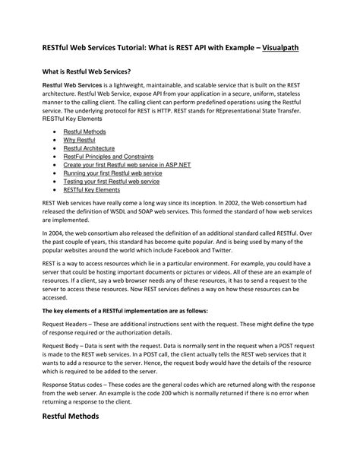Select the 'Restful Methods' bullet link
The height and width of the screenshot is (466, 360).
tap(84, 132)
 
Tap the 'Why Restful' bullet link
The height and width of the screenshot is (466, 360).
tap(78, 141)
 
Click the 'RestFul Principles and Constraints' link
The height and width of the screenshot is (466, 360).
tap(106, 157)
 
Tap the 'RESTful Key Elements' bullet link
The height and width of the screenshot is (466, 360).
tap(91, 191)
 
